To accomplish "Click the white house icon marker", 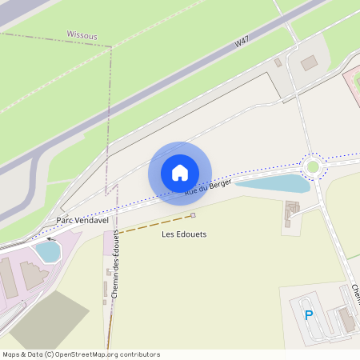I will [180, 172].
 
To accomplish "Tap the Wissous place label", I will [82, 35].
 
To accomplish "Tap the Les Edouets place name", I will [184, 234].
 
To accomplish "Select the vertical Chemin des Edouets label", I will [115, 264].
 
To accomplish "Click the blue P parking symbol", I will [309, 315].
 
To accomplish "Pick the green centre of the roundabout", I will [313, 166].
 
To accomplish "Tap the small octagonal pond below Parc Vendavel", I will [48, 251].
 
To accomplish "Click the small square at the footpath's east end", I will [193, 215].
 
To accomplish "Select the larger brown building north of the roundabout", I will [309, 63].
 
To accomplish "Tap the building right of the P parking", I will [347, 320].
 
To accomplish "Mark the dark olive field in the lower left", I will [48, 324].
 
